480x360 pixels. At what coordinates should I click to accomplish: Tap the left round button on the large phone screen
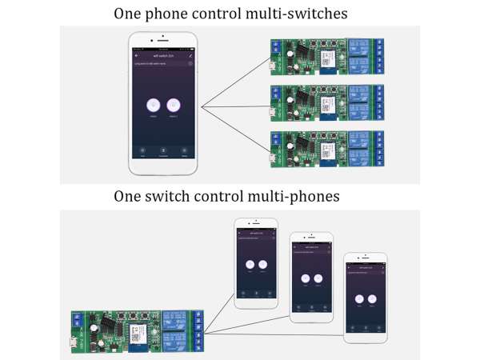(x=152, y=105)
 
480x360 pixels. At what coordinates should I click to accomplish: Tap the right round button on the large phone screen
(x=174, y=105)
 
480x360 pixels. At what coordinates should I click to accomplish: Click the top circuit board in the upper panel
(x=327, y=56)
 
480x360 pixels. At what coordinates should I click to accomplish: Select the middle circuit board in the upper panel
(x=327, y=102)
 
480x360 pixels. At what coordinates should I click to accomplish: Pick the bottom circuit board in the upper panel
(x=327, y=147)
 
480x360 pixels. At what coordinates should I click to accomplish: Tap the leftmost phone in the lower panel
(x=255, y=262)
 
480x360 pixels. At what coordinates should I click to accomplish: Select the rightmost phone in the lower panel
(x=364, y=297)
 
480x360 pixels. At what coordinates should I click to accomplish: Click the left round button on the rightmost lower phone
(x=358, y=298)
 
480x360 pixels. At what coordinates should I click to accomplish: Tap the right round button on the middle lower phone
(x=318, y=278)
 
